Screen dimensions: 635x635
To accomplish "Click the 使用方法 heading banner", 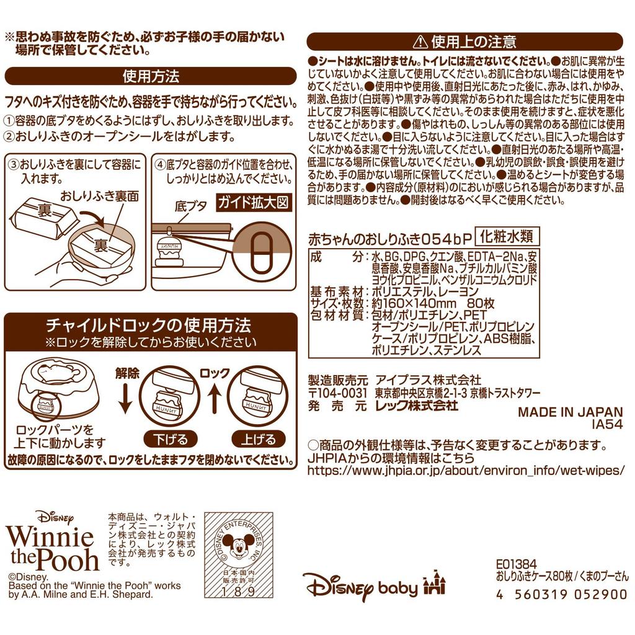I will (x=151, y=76).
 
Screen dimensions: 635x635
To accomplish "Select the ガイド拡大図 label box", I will (x=252, y=203).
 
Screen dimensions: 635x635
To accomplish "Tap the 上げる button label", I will (x=258, y=440).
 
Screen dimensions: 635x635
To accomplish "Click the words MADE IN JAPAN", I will (x=570, y=412).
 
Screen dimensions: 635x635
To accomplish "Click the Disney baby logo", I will (x=360, y=585).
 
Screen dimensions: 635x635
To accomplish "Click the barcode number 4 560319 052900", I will (x=561, y=594).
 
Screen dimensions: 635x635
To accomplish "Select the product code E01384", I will (x=517, y=564).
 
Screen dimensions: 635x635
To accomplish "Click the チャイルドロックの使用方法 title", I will (x=149, y=325).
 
